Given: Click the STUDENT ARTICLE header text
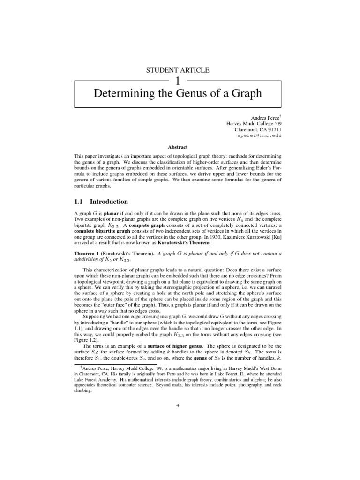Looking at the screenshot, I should click(178, 70).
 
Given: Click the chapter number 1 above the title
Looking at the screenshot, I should click(178, 81).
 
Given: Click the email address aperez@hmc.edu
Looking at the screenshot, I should click(261, 135).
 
